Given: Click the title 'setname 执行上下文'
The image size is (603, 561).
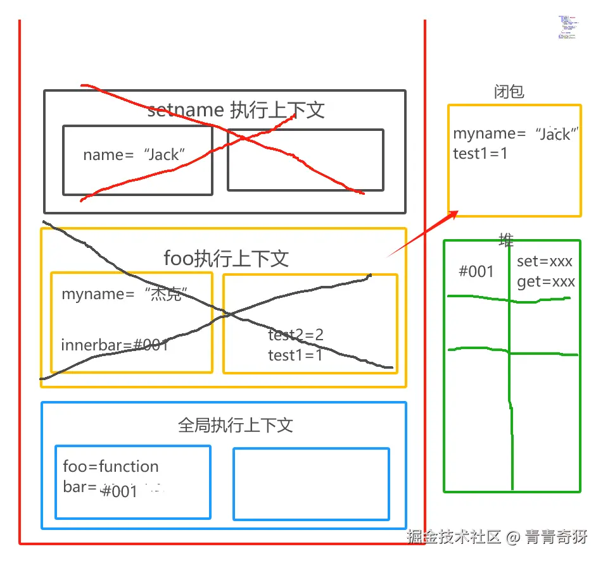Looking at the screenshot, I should pyautogui.click(x=236, y=110).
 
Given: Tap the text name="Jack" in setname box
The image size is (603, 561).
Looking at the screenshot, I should pyautogui.click(x=134, y=155).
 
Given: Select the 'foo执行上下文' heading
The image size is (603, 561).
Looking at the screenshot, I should pyautogui.click(x=226, y=258).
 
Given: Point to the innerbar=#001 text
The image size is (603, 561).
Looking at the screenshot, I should pyautogui.click(x=115, y=345).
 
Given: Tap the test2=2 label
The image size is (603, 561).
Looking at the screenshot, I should pyautogui.click(x=296, y=335).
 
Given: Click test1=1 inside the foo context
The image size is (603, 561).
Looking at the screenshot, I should pyautogui.click(x=295, y=355).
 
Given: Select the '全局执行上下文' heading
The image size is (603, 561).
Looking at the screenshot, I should pyautogui.click(x=236, y=425).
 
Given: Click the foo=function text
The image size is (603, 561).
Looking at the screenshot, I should pyautogui.click(x=111, y=467).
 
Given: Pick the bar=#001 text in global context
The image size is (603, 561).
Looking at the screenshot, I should pyautogui.click(x=101, y=489).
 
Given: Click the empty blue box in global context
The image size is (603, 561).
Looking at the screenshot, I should pyautogui.click(x=311, y=484).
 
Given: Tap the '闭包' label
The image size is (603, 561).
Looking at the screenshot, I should pyautogui.click(x=509, y=92).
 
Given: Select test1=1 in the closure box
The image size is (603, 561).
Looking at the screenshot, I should pyautogui.click(x=480, y=153).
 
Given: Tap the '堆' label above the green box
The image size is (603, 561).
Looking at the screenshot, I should pyautogui.click(x=506, y=239).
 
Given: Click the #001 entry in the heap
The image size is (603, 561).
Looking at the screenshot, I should pyautogui.click(x=476, y=271).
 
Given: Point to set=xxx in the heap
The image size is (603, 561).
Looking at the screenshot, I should pyautogui.click(x=544, y=261).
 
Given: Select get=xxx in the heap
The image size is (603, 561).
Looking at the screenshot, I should pyautogui.click(x=545, y=281).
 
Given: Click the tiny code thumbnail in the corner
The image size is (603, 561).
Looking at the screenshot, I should pyautogui.click(x=567, y=27).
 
